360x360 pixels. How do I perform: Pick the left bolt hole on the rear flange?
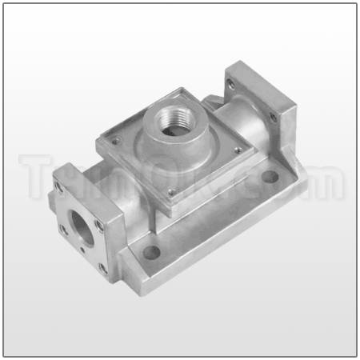[x=232, y=84]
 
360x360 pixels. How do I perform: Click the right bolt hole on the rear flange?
[x=273, y=117]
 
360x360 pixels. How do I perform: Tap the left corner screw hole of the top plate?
[x=113, y=142]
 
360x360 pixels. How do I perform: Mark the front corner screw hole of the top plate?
[x=170, y=190]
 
